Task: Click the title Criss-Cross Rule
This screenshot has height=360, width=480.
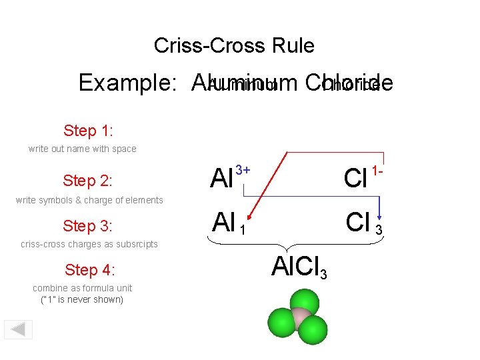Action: (x=234, y=45)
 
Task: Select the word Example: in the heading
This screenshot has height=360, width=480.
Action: (x=127, y=83)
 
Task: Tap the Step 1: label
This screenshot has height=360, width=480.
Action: (x=89, y=129)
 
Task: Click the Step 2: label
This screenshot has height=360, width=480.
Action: (x=87, y=181)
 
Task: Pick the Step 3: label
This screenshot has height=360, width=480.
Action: (x=87, y=225)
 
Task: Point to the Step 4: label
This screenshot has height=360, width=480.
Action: (x=90, y=270)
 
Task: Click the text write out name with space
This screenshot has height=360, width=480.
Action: (x=82, y=149)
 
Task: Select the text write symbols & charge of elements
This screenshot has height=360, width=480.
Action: (x=89, y=200)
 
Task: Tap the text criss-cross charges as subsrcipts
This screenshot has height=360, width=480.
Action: (x=89, y=244)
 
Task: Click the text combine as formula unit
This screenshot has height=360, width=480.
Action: (x=83, y=288)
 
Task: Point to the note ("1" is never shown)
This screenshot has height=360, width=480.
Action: (x=83, y=299)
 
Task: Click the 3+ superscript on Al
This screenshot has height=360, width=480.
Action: (x=243, y=171)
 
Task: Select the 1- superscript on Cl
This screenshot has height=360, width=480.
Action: (x=378, y=171)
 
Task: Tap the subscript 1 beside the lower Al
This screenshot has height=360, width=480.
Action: (x=243, y=230)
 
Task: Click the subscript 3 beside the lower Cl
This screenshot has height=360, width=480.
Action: (x=379, y=230)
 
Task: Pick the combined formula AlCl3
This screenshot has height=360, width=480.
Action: (x=300, y=267)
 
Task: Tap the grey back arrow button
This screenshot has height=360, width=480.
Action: (x=19, y=330)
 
